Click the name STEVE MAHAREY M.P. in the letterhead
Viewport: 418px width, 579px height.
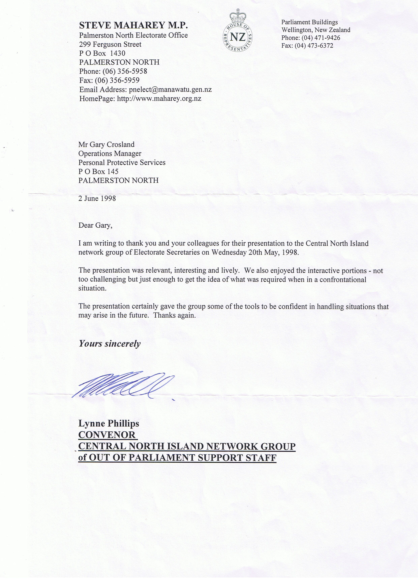point(133,25)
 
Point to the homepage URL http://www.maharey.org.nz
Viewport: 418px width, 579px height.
point(159,99)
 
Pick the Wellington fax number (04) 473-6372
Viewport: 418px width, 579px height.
point(317,46)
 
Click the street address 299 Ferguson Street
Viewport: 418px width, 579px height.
point(110,44)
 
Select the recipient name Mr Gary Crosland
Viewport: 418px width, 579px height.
point(106,145)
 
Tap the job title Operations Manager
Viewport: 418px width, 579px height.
point(110,153)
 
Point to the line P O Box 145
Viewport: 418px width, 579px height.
point(98,171)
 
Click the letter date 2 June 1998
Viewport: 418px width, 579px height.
point(97,198)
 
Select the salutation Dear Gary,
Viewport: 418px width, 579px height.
point(95,225)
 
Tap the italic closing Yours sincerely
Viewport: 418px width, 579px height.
point(110,344)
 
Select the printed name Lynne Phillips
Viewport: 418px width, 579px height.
point(109,423)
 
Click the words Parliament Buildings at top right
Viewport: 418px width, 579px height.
point(309,22)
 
